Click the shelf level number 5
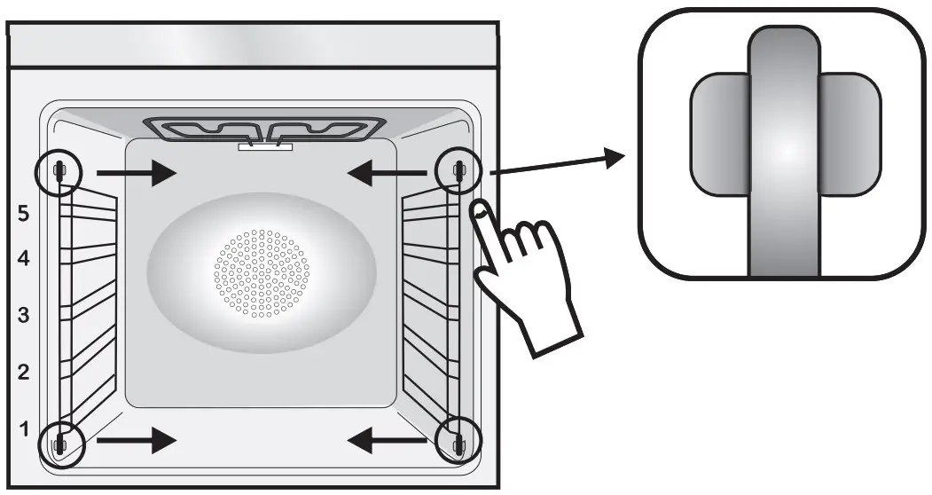tap(24, 214)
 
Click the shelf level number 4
tap(24, 259)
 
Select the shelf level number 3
tap(24, 315)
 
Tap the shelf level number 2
tap(24, 372)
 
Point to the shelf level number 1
tap(24, 428)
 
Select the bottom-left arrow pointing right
tap(137, 438)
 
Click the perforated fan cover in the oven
tap(262, 272)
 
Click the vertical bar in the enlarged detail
tap(783, 151)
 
